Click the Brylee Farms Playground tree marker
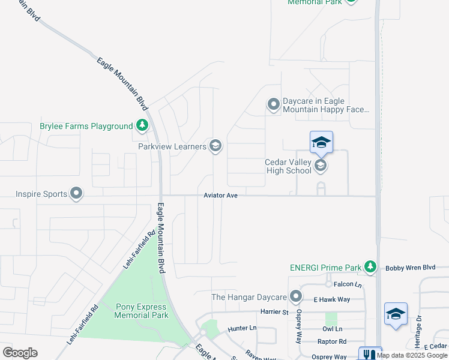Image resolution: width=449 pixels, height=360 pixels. click(x=142, y=126)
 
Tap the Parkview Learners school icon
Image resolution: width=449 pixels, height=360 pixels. click(x=215, y=146)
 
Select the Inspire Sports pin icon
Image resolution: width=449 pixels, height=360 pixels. click(x=76, y=193)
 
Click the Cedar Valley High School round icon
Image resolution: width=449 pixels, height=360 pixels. click(x=321, y=166)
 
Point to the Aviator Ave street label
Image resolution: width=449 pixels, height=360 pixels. click(x=221, y=196)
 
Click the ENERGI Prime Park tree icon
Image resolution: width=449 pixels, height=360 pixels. click(x=371, y=267)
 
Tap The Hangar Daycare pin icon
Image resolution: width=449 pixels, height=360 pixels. click(x=295, y=297)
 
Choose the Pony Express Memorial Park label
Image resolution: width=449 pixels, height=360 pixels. click(x=142, y=311)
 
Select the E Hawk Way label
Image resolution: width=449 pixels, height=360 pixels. click(x=331, y=299)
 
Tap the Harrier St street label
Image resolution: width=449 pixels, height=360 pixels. click(x=275, y=312)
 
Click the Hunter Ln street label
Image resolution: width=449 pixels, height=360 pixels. click(x=242, y=329)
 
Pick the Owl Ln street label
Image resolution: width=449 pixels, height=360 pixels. click(x=332, y=329)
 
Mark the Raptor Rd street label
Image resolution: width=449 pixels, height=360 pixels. click(x=334, y=341)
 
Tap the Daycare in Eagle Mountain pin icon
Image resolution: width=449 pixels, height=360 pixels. click(x=274, y=106)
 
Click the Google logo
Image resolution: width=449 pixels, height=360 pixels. click(x=20, y=353)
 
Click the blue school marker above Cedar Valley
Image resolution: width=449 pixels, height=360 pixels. click(x=321, y=142)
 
